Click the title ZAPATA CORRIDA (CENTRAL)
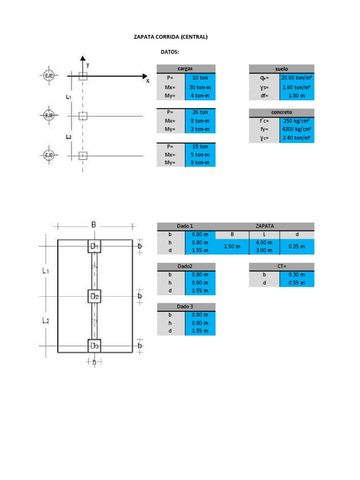coord(171,37)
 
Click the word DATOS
coord(170,52)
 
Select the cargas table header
coord(186,68)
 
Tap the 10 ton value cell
coord(200,78)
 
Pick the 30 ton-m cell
coord(200,87)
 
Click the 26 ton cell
coord(200,112)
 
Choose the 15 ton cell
coord(200,146)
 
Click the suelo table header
coord(281,68)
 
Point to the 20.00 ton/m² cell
coord(297,78)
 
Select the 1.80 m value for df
coord(297,96)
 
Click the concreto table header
coord(281,112)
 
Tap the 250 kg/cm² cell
coord(297,120)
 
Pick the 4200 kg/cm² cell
coord(297,129)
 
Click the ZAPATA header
coord(265,226)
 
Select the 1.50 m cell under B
coord(232,246)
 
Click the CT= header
coord(281,266)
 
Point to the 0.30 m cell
coord(297,275)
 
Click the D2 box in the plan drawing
coord(95,296)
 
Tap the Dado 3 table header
coord(186,307)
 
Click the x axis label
coord(147,81)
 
